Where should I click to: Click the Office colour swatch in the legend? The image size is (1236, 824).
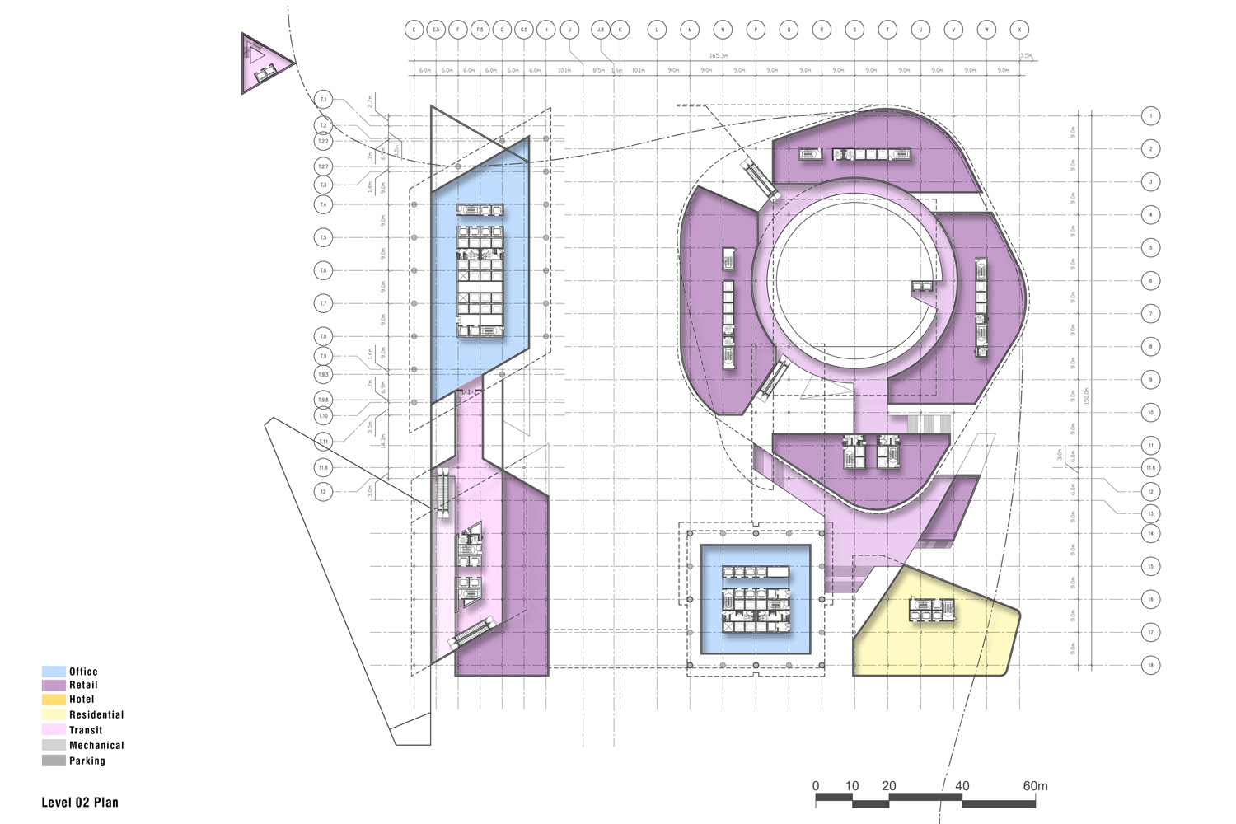click(x=54, y=672)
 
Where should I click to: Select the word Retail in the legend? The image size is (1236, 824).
click(x=83, y=685)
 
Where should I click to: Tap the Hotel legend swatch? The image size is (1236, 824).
click(x=54, y=700)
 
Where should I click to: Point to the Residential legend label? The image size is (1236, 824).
click(x=96, y=714)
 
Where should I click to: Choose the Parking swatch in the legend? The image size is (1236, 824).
click(x=54, y=761)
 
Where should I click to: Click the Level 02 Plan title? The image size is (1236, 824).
click(x=80, y=802)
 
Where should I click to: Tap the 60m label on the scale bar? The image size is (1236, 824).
click(x=1035, y=786)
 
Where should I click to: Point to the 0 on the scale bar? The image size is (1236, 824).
click(x=816, y=786)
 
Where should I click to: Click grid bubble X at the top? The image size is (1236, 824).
click(x=1020, y=30)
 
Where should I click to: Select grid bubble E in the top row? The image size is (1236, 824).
click(x=414, y=30)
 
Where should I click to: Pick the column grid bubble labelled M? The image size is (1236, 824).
click(x=690, y=30)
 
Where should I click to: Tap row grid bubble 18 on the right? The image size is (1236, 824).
click(x=1151, y=665)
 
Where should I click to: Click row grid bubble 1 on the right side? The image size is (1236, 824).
click(x=1151, y=116)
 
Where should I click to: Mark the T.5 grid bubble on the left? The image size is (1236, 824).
click(x=324, y=238)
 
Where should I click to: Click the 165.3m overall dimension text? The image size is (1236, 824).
click(x=719, y=55)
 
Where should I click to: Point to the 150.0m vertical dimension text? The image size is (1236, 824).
click(x=1086, y=396)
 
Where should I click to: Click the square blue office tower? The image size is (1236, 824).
click(x=756, y=599)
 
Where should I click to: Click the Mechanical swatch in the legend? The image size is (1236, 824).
click(x=54, y=745)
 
